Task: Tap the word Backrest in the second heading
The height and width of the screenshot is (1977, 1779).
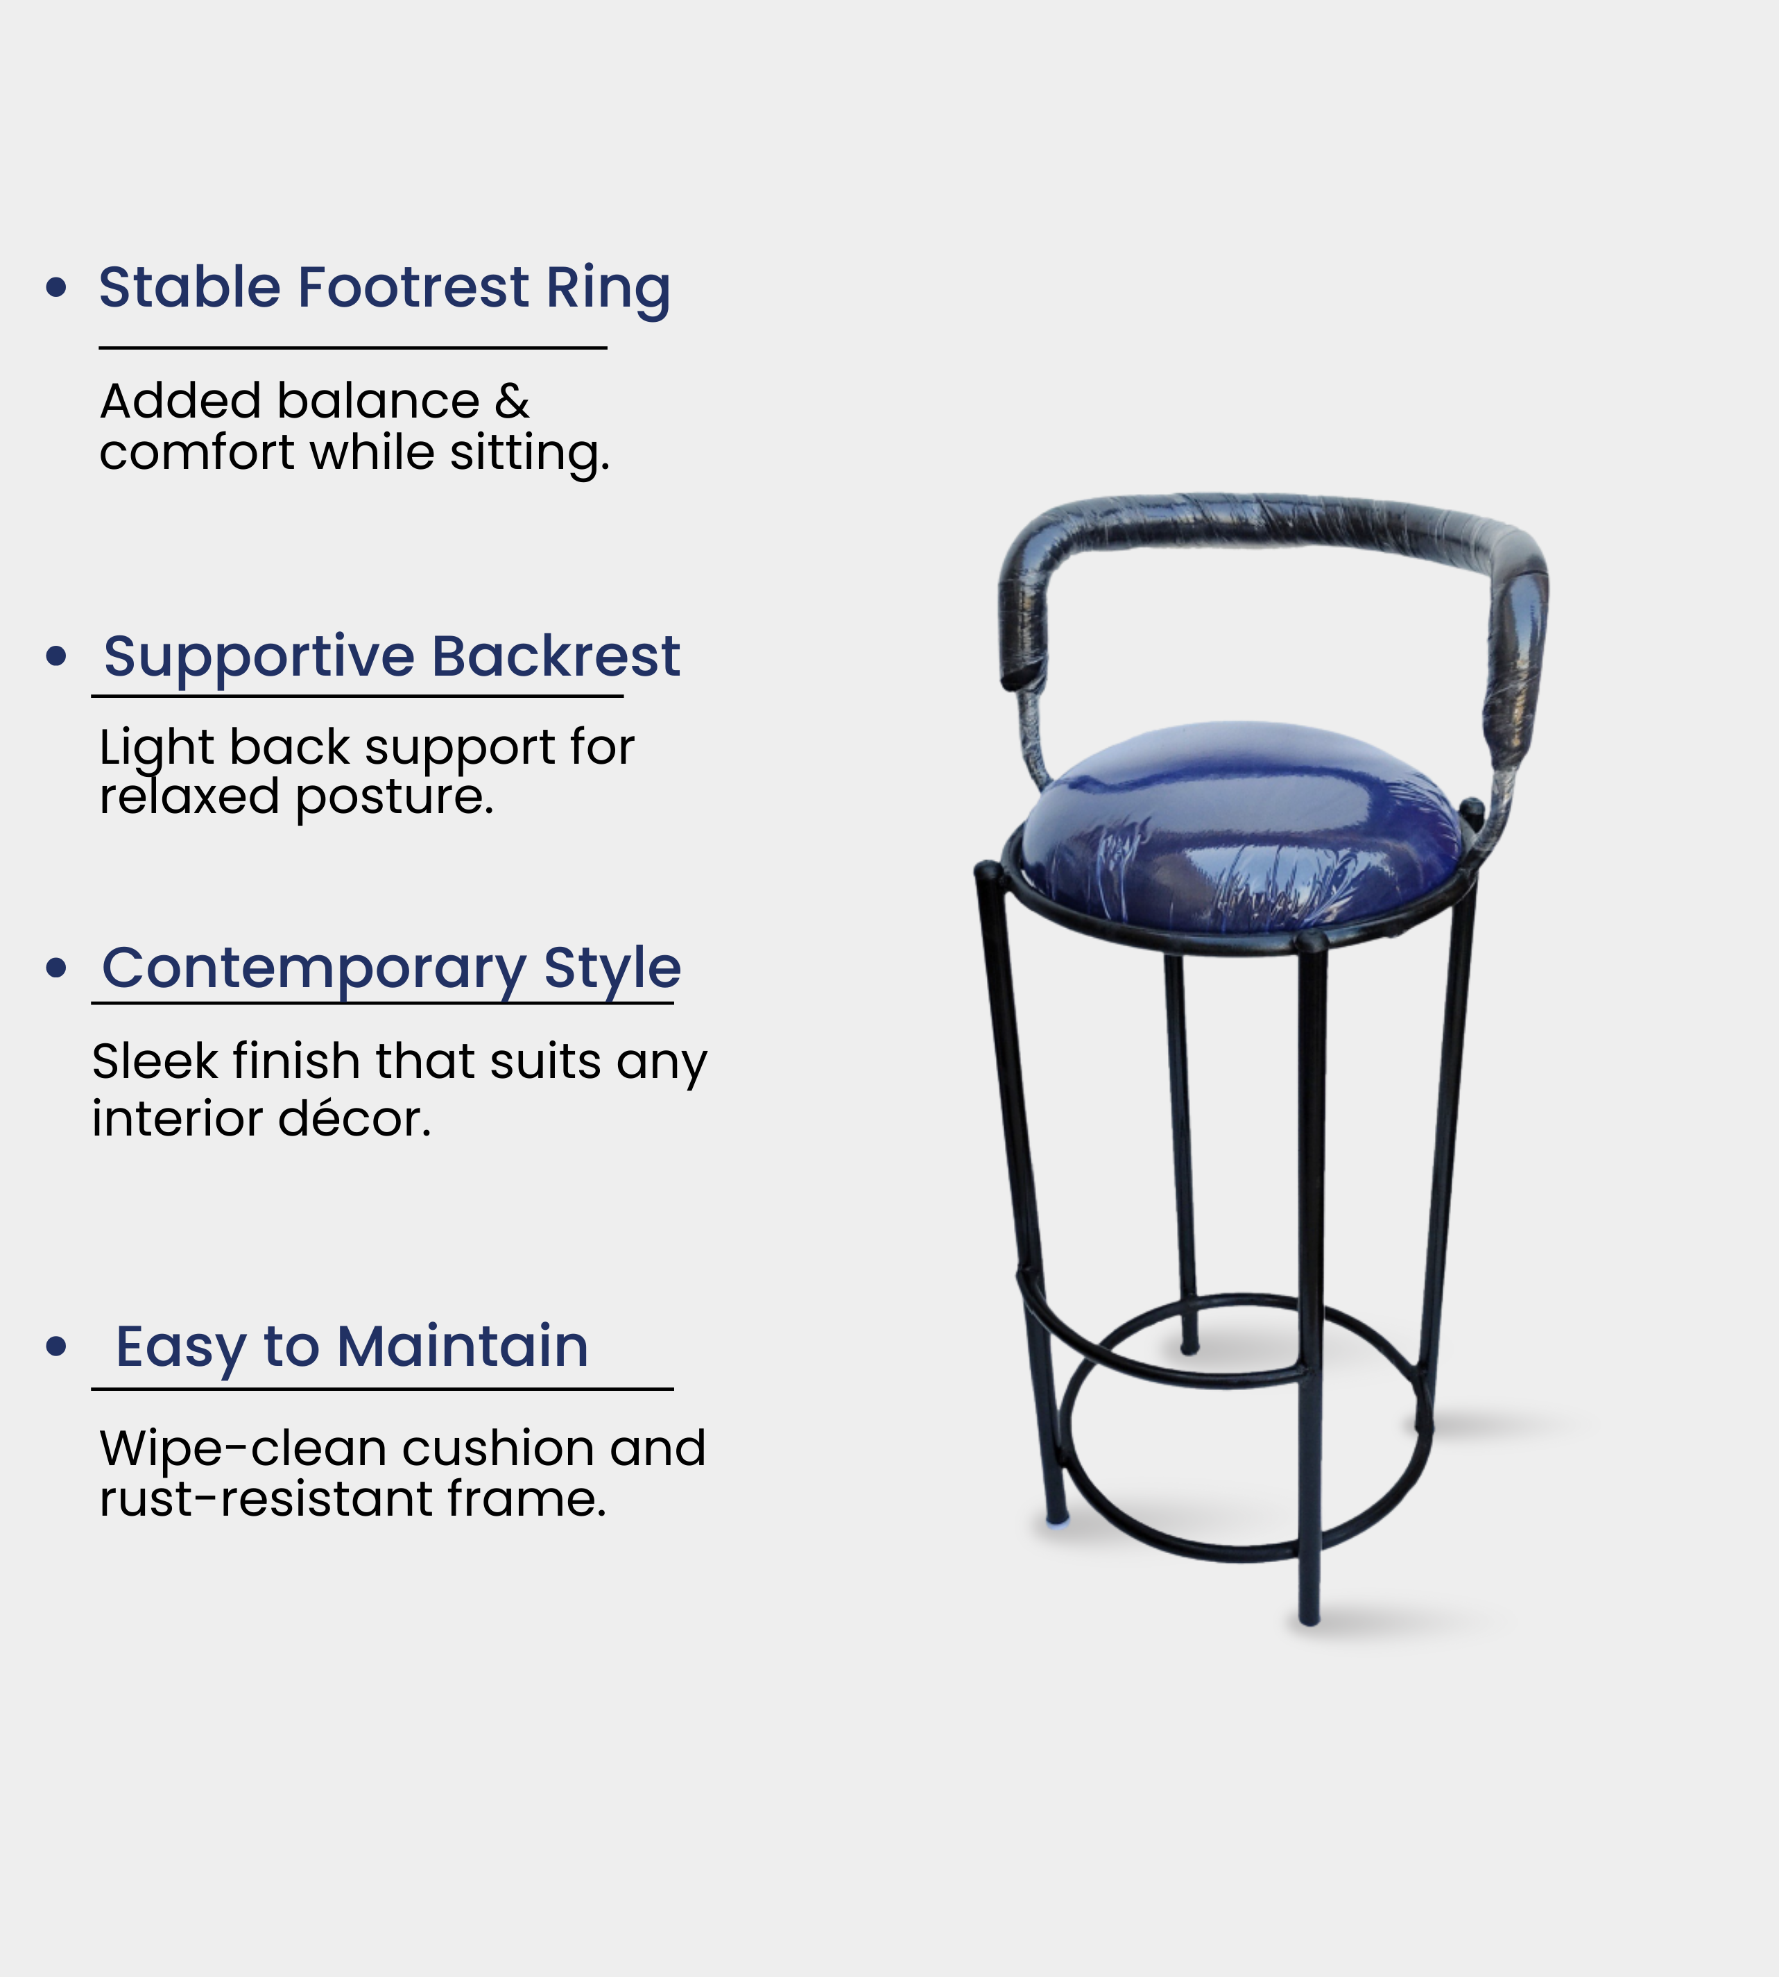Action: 556,656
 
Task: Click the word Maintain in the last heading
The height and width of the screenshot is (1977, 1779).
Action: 463,1346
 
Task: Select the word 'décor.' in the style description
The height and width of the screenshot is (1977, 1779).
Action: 355,1118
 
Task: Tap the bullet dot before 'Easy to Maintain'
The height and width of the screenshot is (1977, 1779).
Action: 57,1346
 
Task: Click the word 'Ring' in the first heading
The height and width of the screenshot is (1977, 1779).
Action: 608,289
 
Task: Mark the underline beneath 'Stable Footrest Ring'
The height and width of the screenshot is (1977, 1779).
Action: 353,347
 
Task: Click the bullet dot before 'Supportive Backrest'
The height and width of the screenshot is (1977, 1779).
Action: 57,656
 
